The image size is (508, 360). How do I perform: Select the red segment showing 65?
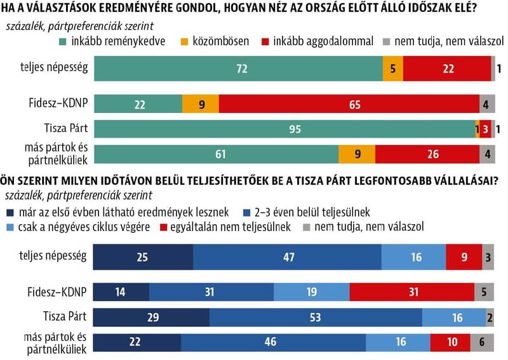pyautogui.click(x=349, y=104)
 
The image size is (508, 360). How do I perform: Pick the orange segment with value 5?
pyautogui.click(x=392, y=69)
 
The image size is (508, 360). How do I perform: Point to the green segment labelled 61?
pyautogui.click(x=216, y=154)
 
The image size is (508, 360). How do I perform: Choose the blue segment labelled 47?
pyautogui.click(x=287, y=257)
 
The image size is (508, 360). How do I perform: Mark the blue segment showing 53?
pyautogui.click(x=316, y=317)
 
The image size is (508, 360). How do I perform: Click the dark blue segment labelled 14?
pyautogui.click(x=121, y=292)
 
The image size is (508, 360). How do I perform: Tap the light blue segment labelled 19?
pyautogui.click(x=311, y=292)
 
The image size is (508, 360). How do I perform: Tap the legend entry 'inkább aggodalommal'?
pyautogui.click(x=317, y=41)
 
